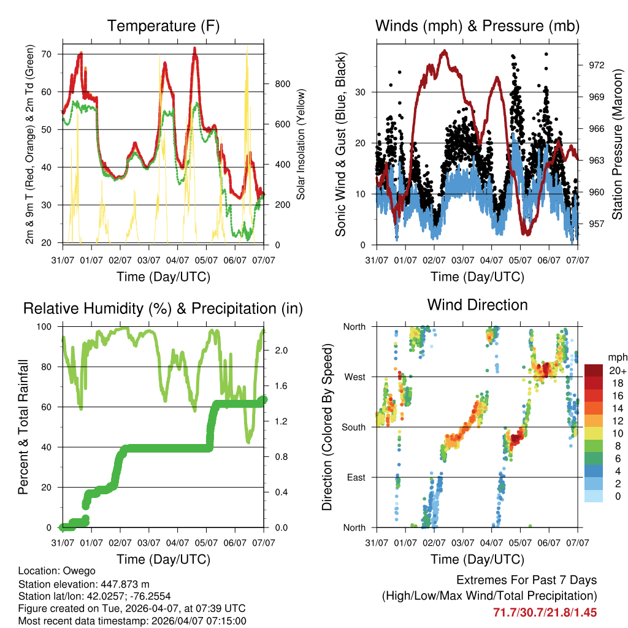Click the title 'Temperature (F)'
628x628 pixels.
pos(163,26)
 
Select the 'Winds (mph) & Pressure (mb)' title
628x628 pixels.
pos(477,26)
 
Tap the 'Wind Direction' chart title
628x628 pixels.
pos(477,304)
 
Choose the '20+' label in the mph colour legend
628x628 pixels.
pos(616,370)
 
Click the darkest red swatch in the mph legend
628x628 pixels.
pos(594,370)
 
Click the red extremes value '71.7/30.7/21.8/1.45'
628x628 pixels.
pos(545,612)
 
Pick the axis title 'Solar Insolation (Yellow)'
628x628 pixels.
pos(301,144)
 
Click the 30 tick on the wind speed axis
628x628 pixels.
pos(365,92)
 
